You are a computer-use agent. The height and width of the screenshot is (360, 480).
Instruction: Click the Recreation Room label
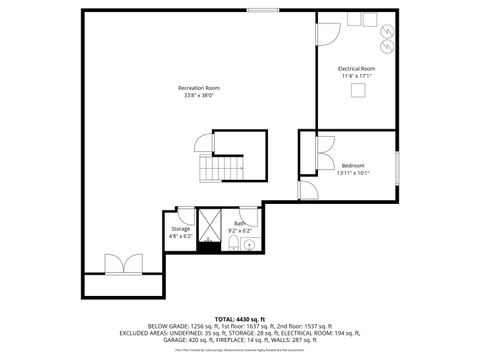tap(200, 88)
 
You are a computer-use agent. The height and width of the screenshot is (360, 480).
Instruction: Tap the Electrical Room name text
tap(356, 68)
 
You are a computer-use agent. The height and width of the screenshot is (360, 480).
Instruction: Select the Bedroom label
tap(353, 165)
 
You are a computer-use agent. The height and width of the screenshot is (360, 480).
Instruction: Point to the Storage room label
tap(180, 229)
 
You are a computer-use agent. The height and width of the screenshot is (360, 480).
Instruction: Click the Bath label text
tap(239, 223)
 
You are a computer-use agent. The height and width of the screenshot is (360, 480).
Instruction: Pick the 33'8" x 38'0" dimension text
tap(200, 96)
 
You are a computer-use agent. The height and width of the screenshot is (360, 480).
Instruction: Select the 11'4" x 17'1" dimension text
tap(356, 76)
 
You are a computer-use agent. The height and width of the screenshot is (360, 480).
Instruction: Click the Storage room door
tap(185, 214)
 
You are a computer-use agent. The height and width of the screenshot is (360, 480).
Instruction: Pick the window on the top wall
tap(262, 10)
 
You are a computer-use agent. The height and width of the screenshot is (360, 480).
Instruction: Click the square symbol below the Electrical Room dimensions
tap(356, 89)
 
